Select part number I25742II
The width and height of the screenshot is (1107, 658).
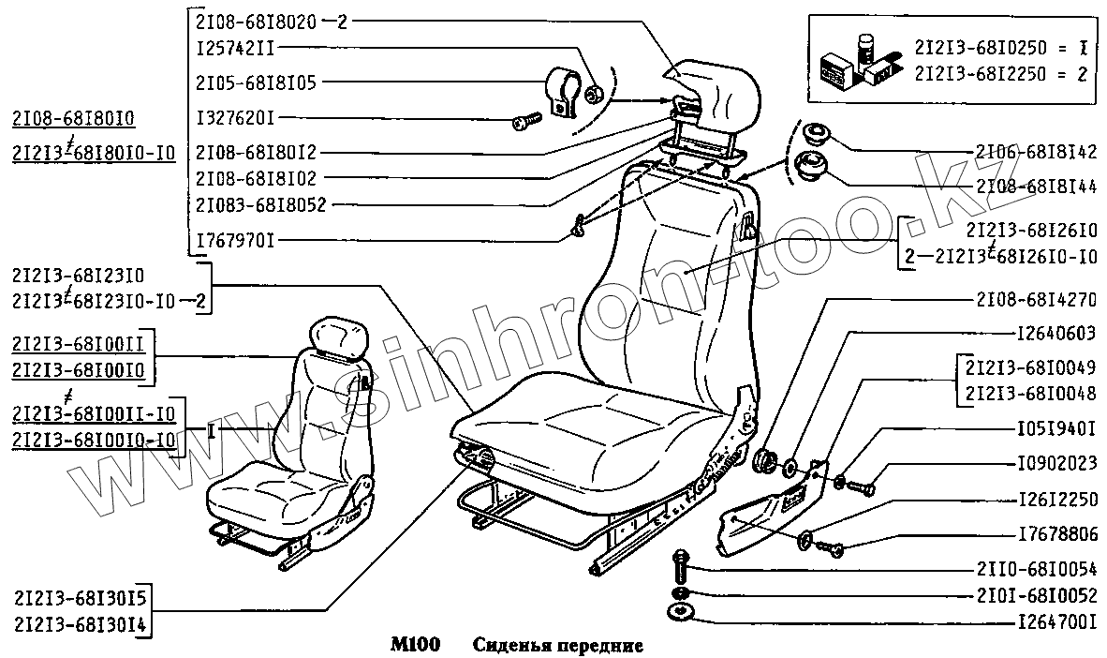point(235,46)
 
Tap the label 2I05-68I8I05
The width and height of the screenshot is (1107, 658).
point(256,82)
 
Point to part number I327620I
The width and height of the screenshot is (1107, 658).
point(234,118)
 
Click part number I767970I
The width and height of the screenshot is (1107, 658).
point(234,240)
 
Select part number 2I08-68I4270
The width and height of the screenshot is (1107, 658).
point(1035,300)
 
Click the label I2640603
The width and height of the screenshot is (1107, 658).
point(1055,333)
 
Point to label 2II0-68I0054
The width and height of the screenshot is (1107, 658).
point(1035,568)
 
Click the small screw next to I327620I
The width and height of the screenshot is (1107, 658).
point(526,120)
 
